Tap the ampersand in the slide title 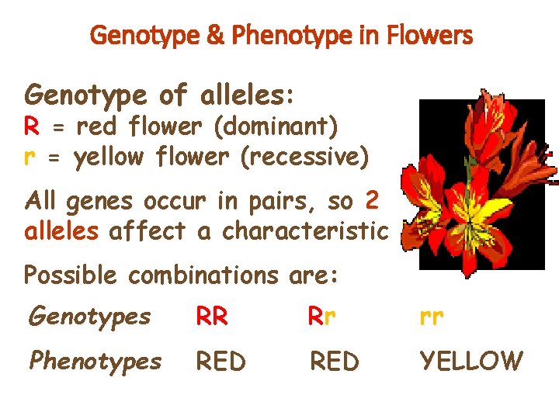tap(219, 36)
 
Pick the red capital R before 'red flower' tap(32, 126)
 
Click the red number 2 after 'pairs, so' tap(371, 201)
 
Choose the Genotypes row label tap(89, 317)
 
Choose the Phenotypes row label tap(95, 361)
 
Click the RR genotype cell tap(212, 316)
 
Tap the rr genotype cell tap(431, 317)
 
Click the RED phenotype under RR tap(220, 361)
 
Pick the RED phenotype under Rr tap(335, 361)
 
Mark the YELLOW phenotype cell tap(471, 361)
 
